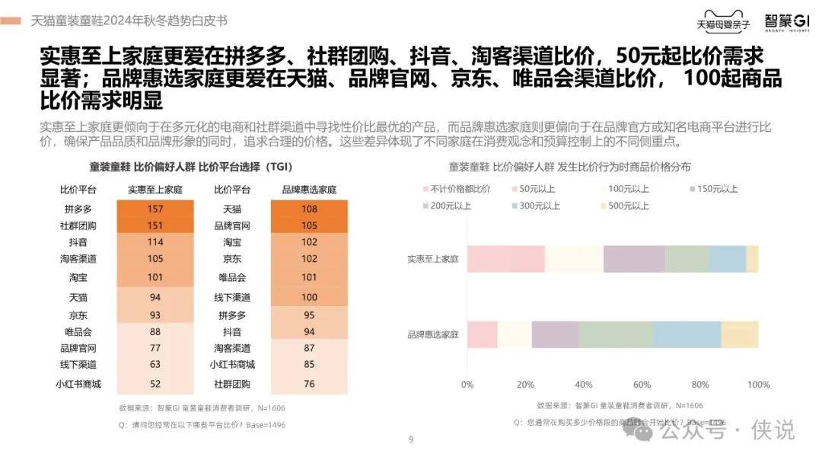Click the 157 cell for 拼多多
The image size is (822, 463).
[x=155, y=209]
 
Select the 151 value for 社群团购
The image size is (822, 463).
[x=155, y=225]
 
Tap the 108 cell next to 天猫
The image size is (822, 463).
[x=309, y=209]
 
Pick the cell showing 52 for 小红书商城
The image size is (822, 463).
[x=155, y=384]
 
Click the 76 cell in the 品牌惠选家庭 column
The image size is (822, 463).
[x=309, y=384]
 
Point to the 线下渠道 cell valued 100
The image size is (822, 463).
[x=309, y=296]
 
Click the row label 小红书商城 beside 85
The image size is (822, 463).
[x=232, y=365]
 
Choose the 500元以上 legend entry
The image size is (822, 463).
[x=625, y=206]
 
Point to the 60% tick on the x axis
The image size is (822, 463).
[x=642, y=385]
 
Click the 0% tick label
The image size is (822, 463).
[x=467, y=385]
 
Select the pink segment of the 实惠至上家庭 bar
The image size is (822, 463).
[x=506, y=259]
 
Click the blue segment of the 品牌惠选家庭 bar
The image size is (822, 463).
[x=687, y=334]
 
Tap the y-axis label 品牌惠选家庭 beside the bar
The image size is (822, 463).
[x=433, y=334]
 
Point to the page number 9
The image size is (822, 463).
[x=411, y=439]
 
